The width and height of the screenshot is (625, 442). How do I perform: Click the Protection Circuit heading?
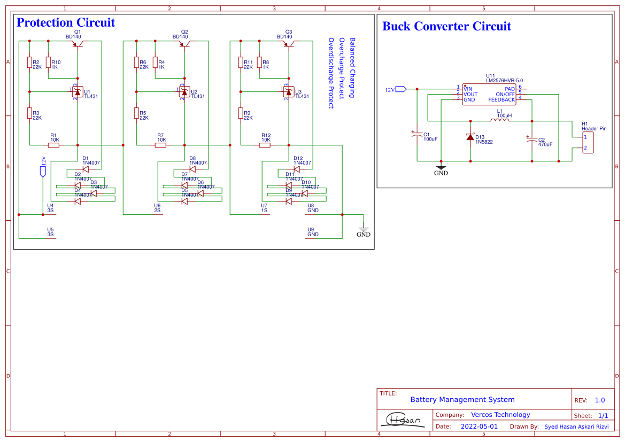pyautogui.click(x=65, y=22)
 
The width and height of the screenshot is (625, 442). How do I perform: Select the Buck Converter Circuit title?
pyautogui.click(x=446, y=26)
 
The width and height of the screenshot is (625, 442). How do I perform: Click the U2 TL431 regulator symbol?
pyautogui.click(x=184, y=92)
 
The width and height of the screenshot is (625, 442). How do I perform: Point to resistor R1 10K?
pyautogui.click(x=54, y=145)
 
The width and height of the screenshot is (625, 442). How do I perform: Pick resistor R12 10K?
pyautogui.click(x=265, y=145)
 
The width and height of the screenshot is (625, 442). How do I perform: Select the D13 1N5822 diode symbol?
pyautogui.click(x=470, y=137)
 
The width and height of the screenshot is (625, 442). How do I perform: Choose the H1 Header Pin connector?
pyautogui.click(x=588, y=143)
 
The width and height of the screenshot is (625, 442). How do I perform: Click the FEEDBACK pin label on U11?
pyautogui.click(x=501, y=100)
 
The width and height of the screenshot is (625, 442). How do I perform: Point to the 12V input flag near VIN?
pyautogui.click(x=401, y=89)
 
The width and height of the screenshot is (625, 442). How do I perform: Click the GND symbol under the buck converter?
pyautogui.click(x=441, y=168)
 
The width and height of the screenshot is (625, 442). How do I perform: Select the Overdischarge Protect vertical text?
pyautogui.click(x=330, y=73)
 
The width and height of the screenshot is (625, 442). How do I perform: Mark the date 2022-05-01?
pyautogui.click(x=479, y=427)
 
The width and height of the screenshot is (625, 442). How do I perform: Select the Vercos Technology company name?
pyautogui.click(x=500, y=415)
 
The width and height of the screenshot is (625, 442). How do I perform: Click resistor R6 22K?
pyautogui.click(x=136, y=63)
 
